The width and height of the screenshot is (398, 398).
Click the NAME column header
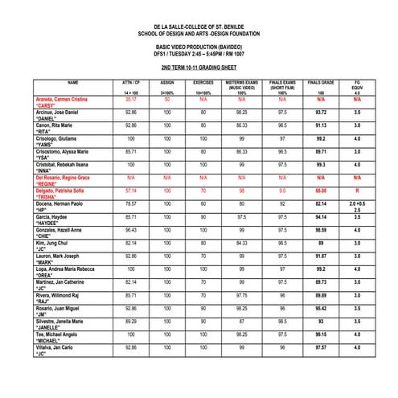pyautogui.click(x=73, y=83)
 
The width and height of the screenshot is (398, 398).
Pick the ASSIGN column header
pyautogui.click(x=168, y=83)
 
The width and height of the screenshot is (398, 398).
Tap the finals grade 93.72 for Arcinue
pyautogui.click(x=321, y=113)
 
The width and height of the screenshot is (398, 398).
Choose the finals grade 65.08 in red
pyautogui.click(x=321, y=191)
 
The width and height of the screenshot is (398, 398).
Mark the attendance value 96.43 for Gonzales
pyautogui.click(x=131, y=229)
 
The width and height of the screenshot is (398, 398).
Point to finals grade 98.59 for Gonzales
pyautogui.click(x=321, y=229)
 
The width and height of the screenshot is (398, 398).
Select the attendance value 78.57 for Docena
pyautogui.click(x=131, y=203)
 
